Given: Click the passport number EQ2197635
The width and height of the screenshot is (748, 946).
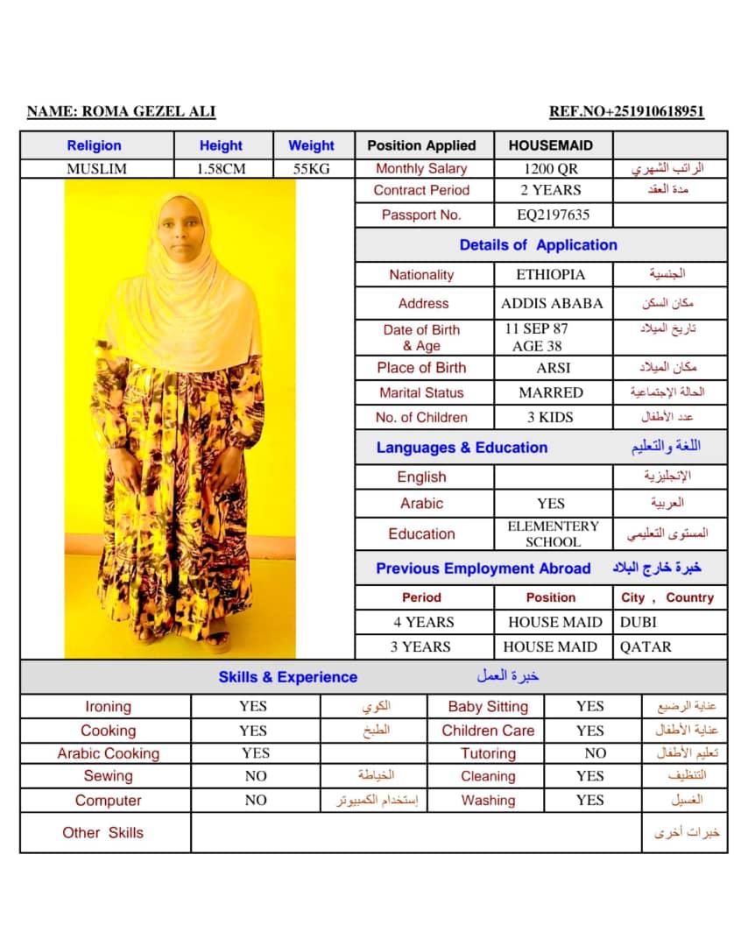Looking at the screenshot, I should click(553, 215).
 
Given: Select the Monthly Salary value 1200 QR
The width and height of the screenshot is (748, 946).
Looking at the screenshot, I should click(551, 169).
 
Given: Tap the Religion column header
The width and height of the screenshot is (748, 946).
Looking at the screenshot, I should click(94, 145).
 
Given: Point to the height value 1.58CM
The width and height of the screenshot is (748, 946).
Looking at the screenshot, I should click(221, 169).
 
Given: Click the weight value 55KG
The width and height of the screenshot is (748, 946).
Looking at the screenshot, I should click(311, 169).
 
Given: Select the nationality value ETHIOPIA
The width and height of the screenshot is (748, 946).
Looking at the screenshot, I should click(551, 274).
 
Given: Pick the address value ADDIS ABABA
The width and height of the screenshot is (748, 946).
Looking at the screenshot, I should click(552, 303).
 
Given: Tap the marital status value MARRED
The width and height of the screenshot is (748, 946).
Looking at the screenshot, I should click(551, 392).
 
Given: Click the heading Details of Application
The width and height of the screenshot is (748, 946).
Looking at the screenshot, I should click(538, 245).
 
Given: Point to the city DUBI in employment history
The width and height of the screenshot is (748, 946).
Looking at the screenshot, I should click(639, 622).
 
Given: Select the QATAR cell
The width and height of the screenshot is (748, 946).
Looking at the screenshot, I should click(646, 646).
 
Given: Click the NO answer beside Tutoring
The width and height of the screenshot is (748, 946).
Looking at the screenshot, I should click(596, 753).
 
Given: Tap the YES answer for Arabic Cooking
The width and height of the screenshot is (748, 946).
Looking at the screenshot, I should click(256, 753).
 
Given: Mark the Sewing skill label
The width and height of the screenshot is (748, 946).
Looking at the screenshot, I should click(108, 776).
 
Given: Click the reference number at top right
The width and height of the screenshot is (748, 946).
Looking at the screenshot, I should click(626, 111).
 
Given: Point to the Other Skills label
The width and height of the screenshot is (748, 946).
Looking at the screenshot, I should click(102, 833).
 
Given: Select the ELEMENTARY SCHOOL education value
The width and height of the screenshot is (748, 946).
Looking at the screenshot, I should click(553, 534).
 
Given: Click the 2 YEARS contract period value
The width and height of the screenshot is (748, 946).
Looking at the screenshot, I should click(551, 190).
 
